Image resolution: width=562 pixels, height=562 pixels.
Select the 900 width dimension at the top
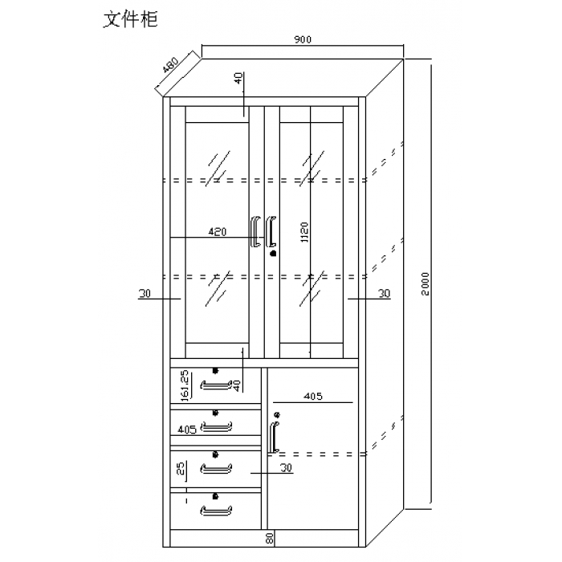coord(303,40)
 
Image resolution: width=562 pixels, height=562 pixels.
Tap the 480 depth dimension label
coord(170,64)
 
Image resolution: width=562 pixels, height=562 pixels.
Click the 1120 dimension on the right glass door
coord(304,233)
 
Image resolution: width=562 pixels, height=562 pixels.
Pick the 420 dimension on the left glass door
coord(217,232)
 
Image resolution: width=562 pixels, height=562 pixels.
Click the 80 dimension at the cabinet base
coord(271,537)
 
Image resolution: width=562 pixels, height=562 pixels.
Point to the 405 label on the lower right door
coord(314,396)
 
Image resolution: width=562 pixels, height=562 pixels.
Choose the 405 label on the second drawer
coord(187,430)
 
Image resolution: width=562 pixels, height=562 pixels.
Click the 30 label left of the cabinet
coord(145,295)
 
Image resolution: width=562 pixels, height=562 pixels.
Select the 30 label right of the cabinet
coord(384,295)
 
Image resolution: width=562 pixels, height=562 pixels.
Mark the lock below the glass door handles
coord(273,254)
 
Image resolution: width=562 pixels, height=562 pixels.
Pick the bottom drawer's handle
coord(215,509)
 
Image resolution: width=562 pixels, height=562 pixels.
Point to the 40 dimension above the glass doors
coord(238,79)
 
